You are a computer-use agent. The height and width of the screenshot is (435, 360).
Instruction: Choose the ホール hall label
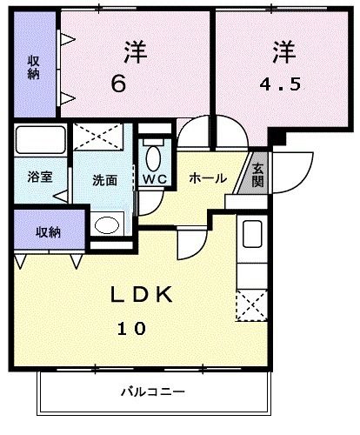click(x=209, y=178)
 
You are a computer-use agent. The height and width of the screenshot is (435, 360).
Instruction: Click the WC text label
click(x=155, y=180)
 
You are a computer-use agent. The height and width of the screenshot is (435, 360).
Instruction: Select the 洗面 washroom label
click(x=105, y=181)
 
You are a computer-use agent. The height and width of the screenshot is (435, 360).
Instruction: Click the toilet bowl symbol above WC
click(x=154, y=158)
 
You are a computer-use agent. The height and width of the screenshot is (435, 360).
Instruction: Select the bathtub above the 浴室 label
click(x=40, y=141)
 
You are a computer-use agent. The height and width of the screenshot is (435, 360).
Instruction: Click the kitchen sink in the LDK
click(x=252, y=236)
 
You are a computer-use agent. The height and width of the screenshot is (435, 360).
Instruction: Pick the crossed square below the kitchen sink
click(x=252, y=306)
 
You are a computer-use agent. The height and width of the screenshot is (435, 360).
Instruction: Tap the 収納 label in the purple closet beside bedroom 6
click(x=33, y=67)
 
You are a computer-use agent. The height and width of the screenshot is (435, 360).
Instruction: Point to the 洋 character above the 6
click(x=133, y=52)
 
